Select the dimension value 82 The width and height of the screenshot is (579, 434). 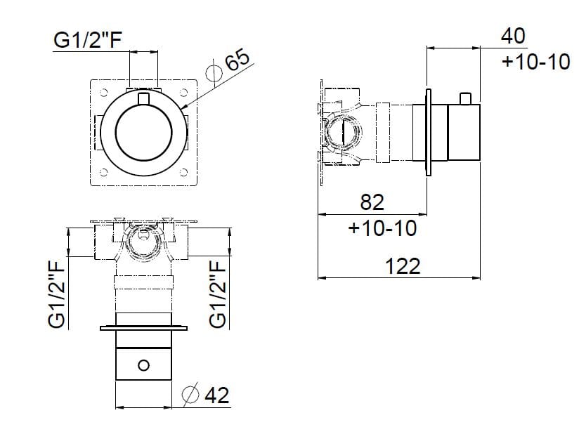[x=372, y=202]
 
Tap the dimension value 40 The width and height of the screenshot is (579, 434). [x=513, y=35]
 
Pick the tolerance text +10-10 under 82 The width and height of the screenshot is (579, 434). [x=382, y=228]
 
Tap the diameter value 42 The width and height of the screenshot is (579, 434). [x=216, y=396]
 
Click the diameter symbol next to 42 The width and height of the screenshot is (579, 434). [x=190, y=395]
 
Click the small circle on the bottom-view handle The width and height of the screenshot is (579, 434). [x=144, y=364]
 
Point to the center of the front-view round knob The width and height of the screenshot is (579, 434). [x=144, y=133]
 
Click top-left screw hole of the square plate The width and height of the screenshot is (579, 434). [x=103, y=93]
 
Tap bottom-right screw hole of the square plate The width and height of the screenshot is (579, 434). [x=185, y=173]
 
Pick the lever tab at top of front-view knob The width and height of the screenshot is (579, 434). [x=144, y=99]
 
